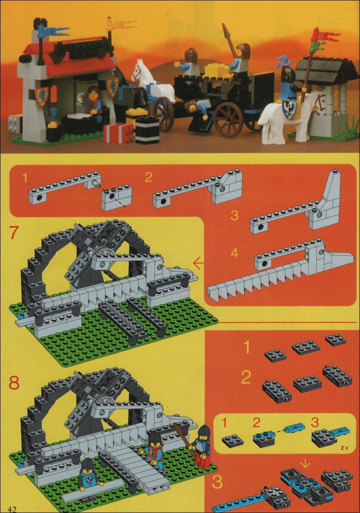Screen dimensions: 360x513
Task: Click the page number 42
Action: coord(13,509)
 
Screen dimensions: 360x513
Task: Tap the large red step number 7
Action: coord(14,232)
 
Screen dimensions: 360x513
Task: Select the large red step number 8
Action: coord(14,382)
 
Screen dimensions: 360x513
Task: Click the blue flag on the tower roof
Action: coord(52,32)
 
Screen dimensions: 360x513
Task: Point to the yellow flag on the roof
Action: coord(120,23)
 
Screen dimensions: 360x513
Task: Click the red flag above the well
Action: coord(324,35)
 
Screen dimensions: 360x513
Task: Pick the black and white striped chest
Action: coord(147,130)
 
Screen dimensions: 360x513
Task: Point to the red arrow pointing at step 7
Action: coord(198,263)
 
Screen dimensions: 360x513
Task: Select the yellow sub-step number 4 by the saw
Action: coord(234,253)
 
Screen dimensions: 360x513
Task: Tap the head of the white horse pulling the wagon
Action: coord(137,71)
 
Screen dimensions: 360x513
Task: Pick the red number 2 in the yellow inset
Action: coord(256,423)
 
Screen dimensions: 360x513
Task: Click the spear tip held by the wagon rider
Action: coord(225,29)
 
